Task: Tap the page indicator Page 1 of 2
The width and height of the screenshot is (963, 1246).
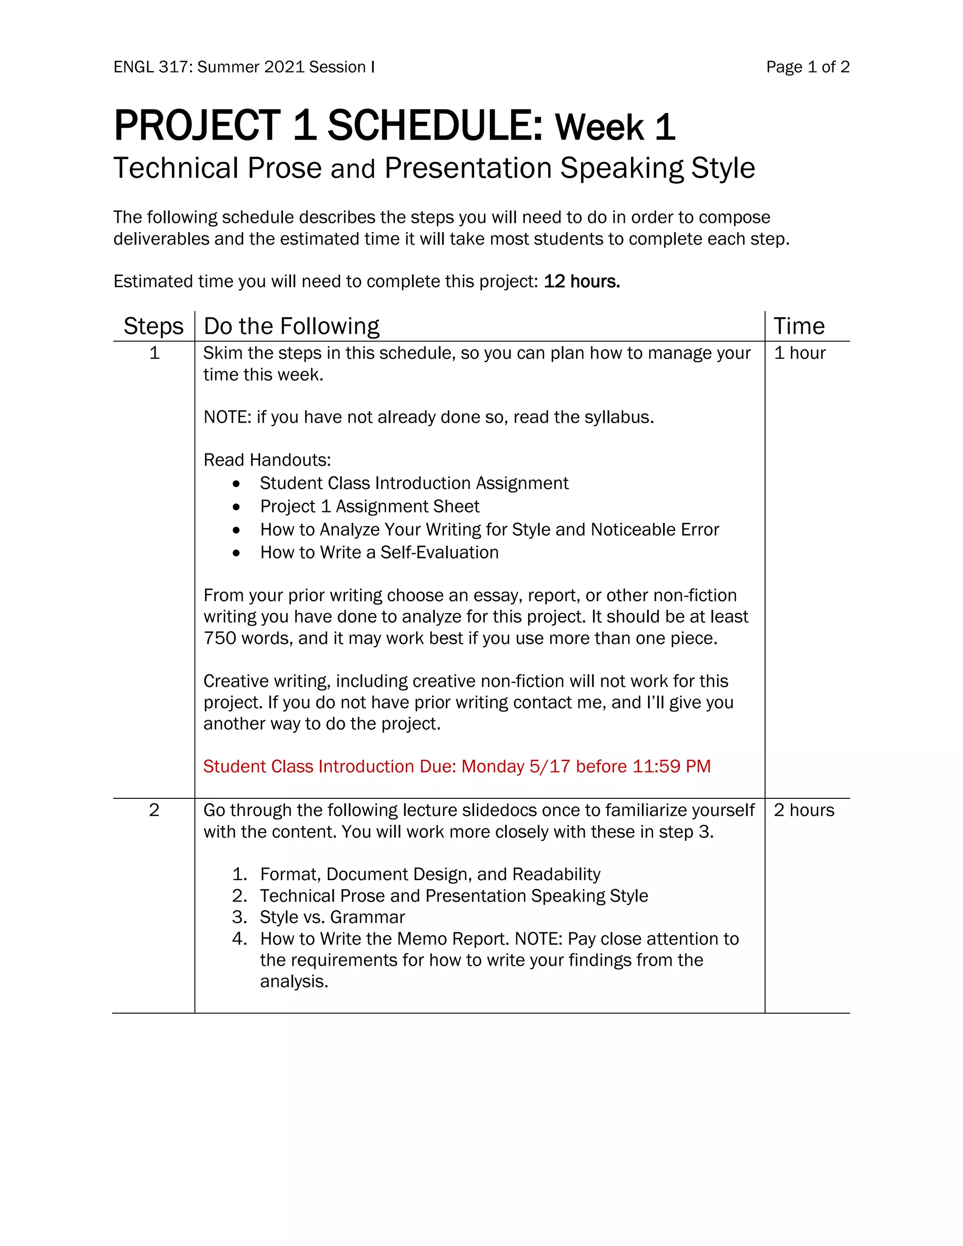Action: tap(807, 67)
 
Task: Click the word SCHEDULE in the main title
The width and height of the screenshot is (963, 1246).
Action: tap(435, 126)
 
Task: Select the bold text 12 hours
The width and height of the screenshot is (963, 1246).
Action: tap(581, 281)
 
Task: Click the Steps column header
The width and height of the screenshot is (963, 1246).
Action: tap(153, 326)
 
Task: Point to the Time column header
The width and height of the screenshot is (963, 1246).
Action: tap(799, 326)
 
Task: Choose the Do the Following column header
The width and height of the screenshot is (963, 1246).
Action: tap(292, 326)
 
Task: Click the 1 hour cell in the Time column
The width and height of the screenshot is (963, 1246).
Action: tap(799, 353)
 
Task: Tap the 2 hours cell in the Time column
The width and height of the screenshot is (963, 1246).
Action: tap(803, 810)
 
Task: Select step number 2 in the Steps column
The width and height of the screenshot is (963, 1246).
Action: tap(154, 810)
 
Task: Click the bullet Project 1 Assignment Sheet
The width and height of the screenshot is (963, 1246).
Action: tap(370, 506)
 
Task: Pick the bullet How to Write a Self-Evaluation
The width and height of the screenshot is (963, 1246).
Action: tap(379, 552)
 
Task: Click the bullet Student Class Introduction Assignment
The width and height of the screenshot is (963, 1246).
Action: tap(414, 483)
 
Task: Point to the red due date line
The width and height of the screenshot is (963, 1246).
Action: tap(457, 766)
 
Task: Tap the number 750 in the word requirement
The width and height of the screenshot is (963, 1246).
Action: tap(220, 638)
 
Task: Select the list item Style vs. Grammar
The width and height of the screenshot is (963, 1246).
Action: tap(332, 917)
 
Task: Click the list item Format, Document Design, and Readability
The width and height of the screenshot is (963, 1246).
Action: tap(430, 874)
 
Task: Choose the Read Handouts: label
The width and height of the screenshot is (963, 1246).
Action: tap(267, 460)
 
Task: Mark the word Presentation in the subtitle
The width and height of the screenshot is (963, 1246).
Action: tap(468, 168)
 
